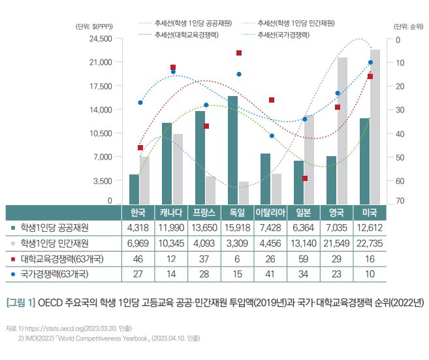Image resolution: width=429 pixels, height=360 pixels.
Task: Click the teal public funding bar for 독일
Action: click(x=232, y=150)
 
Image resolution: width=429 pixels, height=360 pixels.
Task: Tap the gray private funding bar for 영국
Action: click(x=342, y=131)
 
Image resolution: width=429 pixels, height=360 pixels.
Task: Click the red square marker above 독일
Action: click(x=239, y=53)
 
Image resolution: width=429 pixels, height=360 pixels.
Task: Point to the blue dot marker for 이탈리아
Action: click(x=272, y=135)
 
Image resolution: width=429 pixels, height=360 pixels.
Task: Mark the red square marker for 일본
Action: click(x=305, y=178)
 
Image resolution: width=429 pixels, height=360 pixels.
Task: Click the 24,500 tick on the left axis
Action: click(x=100, y=39)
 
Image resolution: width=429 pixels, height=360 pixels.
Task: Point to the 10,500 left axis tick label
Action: click(x=100, y=133)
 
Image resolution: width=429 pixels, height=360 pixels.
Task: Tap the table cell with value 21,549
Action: click(x=336, y=243)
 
